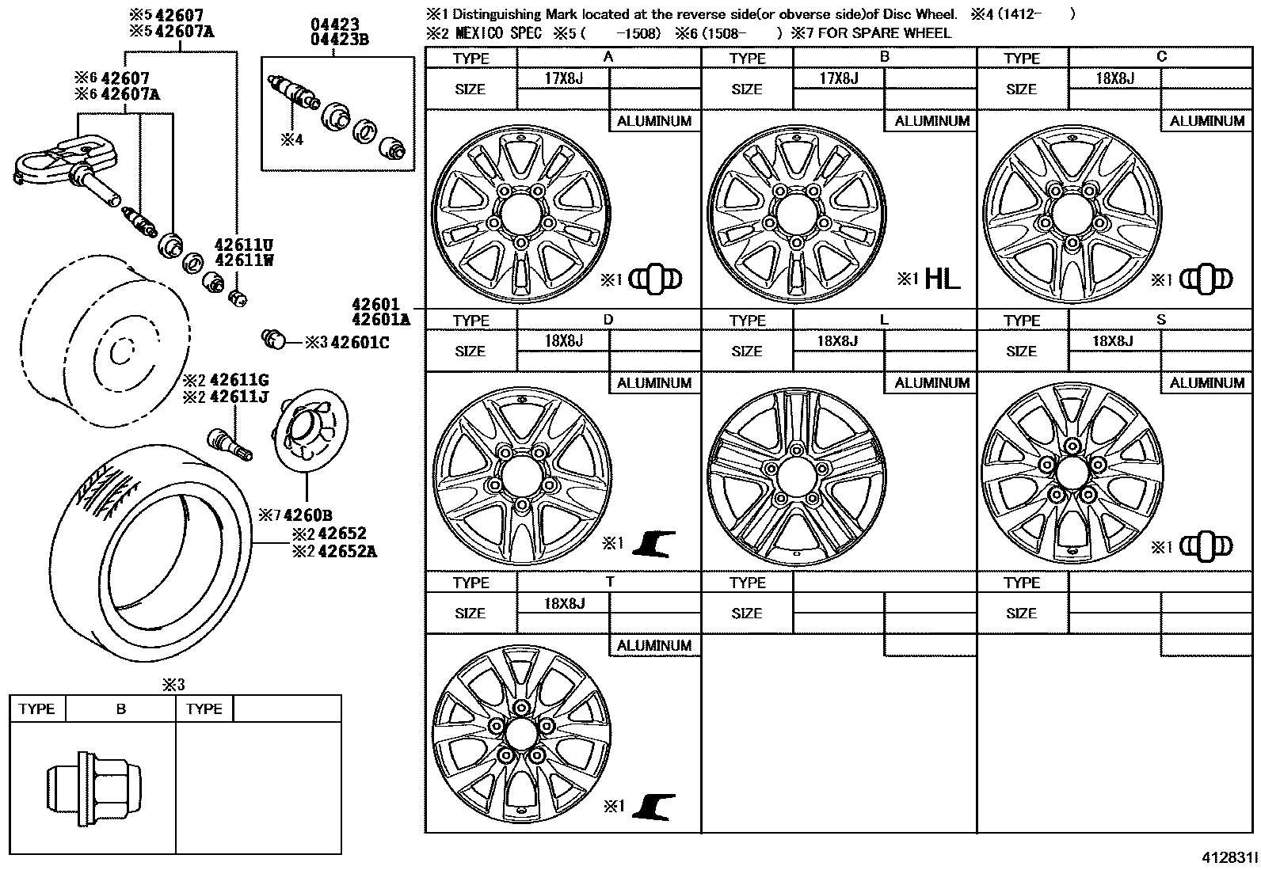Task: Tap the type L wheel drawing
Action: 796,477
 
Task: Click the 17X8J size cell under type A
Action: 563,78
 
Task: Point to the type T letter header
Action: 609,581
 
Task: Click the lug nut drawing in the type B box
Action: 86,788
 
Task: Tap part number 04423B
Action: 340,39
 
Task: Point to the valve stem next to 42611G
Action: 229,442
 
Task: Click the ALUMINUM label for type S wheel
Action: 1206,383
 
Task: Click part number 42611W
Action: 243,260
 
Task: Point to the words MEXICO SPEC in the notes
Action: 498,33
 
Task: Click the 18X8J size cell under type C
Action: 1114,78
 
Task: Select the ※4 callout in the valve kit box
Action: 291,140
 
